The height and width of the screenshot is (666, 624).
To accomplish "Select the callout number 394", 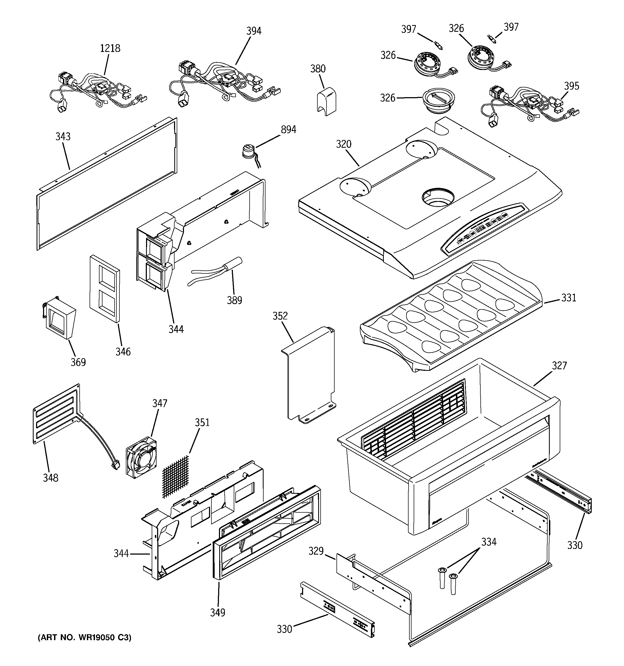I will [x=254, y=31].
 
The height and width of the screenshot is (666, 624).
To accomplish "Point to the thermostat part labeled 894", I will [x=249, y=151].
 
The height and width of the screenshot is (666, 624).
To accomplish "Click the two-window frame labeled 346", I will [x=105, y=288].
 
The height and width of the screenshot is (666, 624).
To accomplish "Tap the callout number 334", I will [x=489, y=542].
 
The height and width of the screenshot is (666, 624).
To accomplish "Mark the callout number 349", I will [x=217, y=612].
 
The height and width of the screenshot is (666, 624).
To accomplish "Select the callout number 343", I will [x=63, y=137].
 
